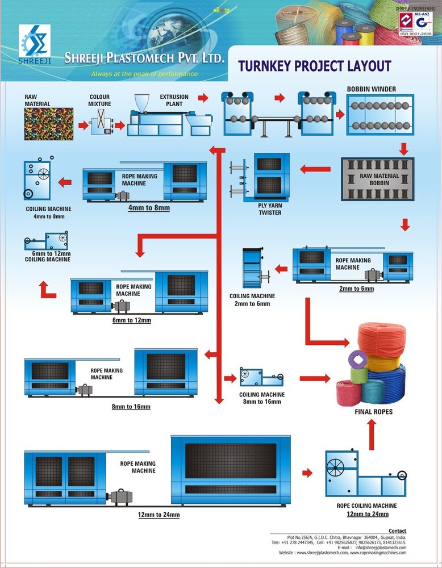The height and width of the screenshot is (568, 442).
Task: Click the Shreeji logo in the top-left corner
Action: tap(35, 43)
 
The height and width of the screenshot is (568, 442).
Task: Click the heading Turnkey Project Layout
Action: tap(314, 66)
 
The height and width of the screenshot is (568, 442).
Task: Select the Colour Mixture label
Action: tap(99, 101)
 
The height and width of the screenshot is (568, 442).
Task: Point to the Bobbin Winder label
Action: tap(372, 89)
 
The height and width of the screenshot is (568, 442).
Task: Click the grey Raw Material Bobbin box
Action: tap(377, 179)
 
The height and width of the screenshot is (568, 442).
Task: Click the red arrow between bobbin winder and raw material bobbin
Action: tap(405, 149)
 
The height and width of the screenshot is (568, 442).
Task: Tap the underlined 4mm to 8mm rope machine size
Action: tap(149, 208)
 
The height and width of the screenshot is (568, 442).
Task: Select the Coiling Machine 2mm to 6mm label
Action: tap(252, 300)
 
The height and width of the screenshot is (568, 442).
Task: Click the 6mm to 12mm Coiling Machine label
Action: tap(48, 256)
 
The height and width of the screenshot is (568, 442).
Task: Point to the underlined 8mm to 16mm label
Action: tap(131, 407)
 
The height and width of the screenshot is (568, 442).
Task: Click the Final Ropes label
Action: tap(373, 412)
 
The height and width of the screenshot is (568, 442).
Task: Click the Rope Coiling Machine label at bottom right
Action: tap(366, 506)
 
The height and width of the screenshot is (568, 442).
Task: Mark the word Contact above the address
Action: tap(397, 531)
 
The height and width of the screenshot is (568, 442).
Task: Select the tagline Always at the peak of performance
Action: tap(144, 74)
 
